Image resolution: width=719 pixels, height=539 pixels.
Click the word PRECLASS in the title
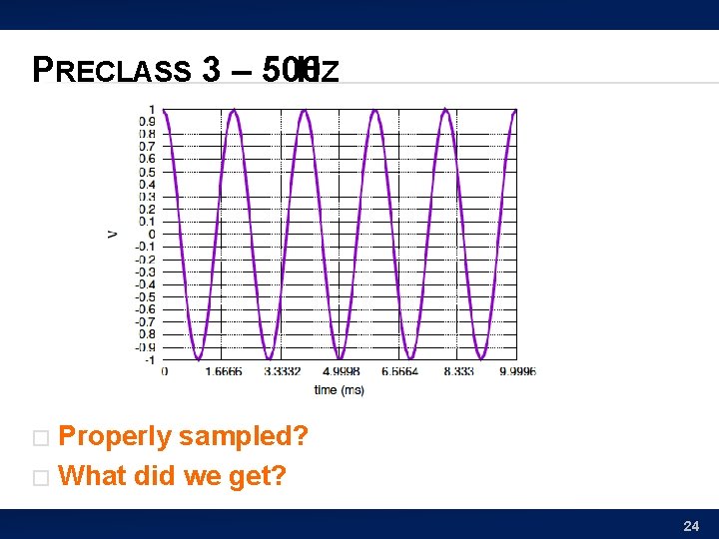[112, 70]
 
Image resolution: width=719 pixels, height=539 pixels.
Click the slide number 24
[690, 525]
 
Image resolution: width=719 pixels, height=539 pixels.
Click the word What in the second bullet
[94, 476]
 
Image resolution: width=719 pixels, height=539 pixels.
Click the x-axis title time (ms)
[339, 390]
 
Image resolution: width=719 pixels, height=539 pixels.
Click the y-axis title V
[111, 234]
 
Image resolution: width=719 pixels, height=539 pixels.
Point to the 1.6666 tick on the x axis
[223, 371]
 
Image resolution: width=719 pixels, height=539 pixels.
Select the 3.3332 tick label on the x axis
[282, 371]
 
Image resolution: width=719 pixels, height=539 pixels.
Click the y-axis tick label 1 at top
[151, 109]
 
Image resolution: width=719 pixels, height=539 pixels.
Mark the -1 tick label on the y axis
[148, 359]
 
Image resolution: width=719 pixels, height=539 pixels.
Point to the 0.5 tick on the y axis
[146, 171]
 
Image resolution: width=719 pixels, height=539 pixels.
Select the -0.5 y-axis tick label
[145, 296]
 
